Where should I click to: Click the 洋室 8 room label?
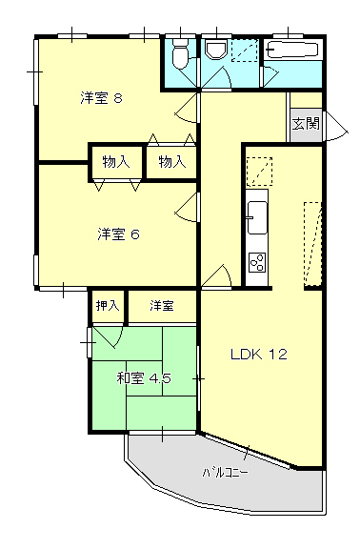click(100, 97)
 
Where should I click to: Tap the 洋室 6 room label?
click(118, 234)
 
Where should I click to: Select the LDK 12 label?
click(258, 355)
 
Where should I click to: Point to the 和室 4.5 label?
click(143, 378)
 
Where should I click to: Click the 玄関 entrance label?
click(306, 123)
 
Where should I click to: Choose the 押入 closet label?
click(107, 306)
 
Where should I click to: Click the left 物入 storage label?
click(116, 162)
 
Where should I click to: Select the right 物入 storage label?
click(171, 162)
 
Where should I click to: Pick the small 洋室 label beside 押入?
click(161, 306)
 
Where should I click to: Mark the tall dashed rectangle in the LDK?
click(312, 244)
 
